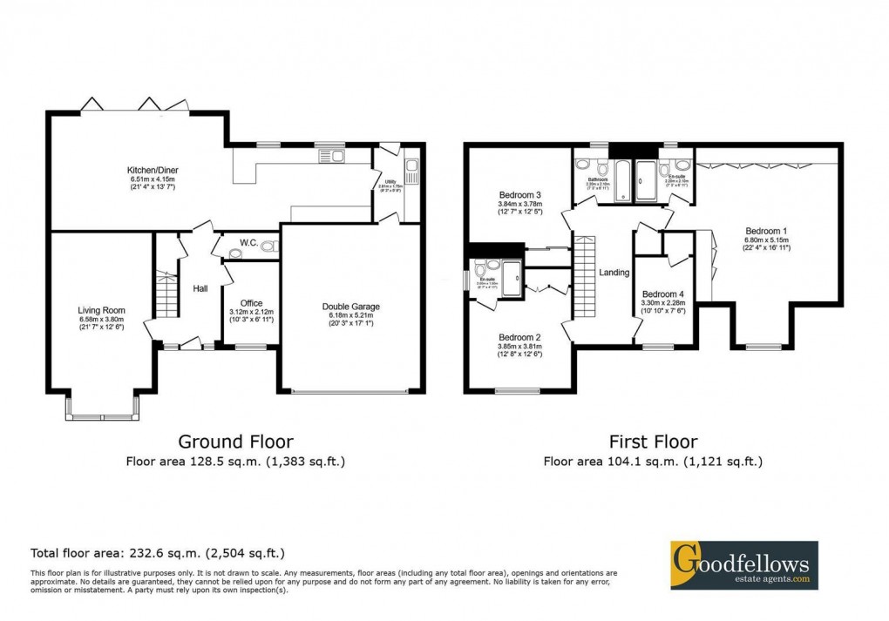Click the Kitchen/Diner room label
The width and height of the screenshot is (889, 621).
pos(153,169)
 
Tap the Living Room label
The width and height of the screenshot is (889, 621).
pos(101,310)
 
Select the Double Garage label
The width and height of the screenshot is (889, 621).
pos(350,306)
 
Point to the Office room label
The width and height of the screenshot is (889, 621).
pos(250,302)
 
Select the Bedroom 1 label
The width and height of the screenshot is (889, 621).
pos(766,232)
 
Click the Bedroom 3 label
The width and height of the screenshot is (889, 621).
pos(520,194)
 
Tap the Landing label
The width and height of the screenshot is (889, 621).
pos(614,273)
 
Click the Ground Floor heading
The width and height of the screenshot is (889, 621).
pos(235,442)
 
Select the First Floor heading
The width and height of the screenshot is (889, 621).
pos(653,442)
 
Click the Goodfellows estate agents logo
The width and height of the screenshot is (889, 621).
pos(743,564)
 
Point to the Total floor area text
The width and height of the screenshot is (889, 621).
pos(158,552)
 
